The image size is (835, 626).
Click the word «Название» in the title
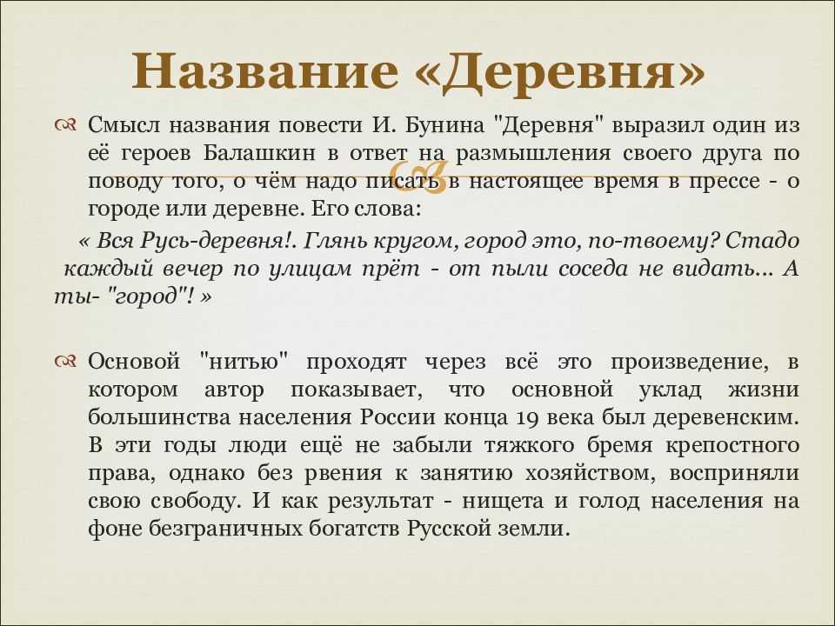(264, 70)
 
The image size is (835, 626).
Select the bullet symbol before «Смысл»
(65, 125)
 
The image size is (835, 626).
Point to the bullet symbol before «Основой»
(65, 362)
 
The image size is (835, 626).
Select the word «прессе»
(725, 183)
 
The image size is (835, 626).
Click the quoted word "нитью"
(245, 362)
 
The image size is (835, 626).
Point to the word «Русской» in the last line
(449, 529)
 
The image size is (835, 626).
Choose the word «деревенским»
(726, 418)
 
